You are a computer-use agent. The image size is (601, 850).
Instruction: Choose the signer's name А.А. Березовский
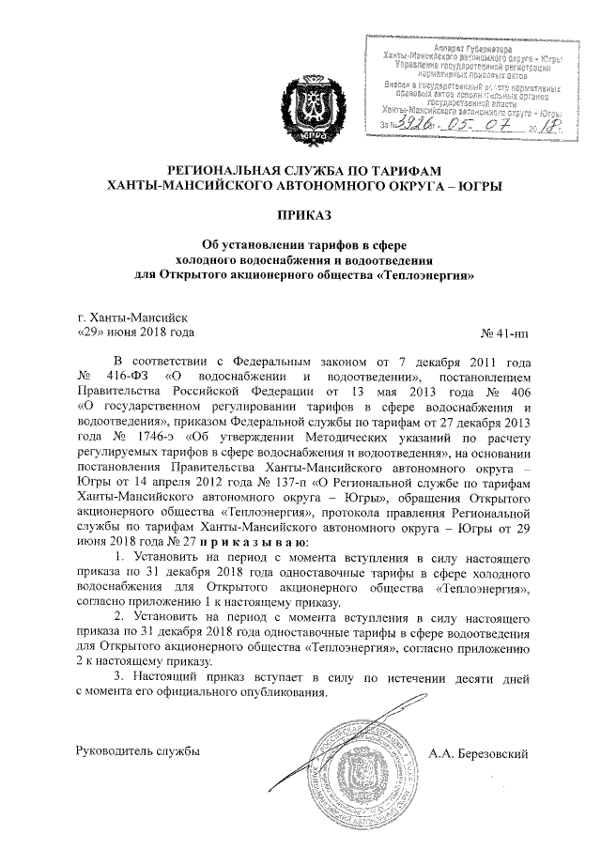click(x=479, y=752)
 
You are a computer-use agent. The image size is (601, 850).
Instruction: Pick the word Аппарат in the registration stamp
click(x=449, y=47)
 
